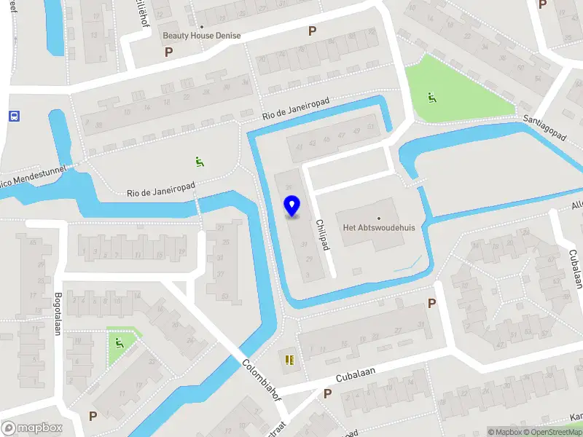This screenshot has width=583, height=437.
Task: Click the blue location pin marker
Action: coord(292,206)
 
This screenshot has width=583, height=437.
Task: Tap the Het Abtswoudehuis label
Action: coord(379,228)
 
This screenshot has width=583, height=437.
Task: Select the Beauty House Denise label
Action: coord(202,36)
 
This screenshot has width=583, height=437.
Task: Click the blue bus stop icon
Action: coord(14,116)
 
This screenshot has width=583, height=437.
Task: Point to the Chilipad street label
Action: coord(321,234)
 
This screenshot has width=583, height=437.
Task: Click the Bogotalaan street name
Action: coord(57,314)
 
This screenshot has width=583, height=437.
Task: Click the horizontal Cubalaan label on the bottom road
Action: coord(355,374)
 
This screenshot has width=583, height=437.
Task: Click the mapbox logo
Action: coord(32,428)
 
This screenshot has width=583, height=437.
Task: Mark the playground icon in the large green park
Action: coord(432,97)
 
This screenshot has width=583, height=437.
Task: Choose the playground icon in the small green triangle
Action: coord(118,342)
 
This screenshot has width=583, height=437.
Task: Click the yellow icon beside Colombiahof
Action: coord(289,360)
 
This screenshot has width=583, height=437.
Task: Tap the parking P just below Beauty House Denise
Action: coord(169,52)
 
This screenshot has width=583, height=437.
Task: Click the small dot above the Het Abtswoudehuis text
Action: coord(379,218)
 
